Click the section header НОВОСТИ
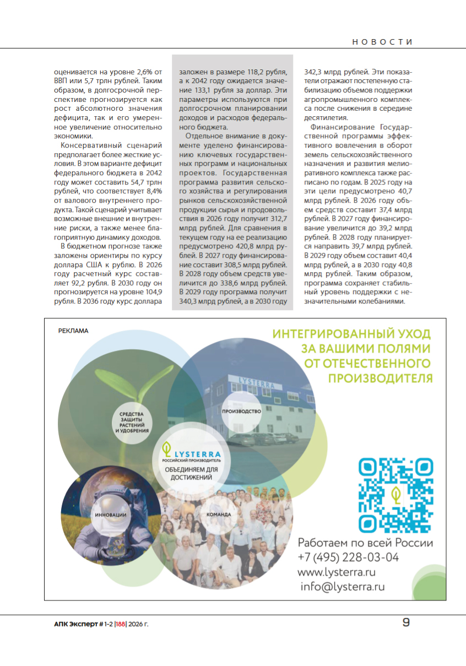point(382,42)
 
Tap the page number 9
point(406,622)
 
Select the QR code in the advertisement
point(396,494)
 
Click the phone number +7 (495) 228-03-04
point(348,557)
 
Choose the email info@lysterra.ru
point(342,587)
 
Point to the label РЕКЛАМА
point(73,331)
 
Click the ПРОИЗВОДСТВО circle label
point(241,411)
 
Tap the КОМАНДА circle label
point(218,515)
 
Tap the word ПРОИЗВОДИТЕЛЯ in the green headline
point(380,378)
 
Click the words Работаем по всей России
point(365,543)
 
